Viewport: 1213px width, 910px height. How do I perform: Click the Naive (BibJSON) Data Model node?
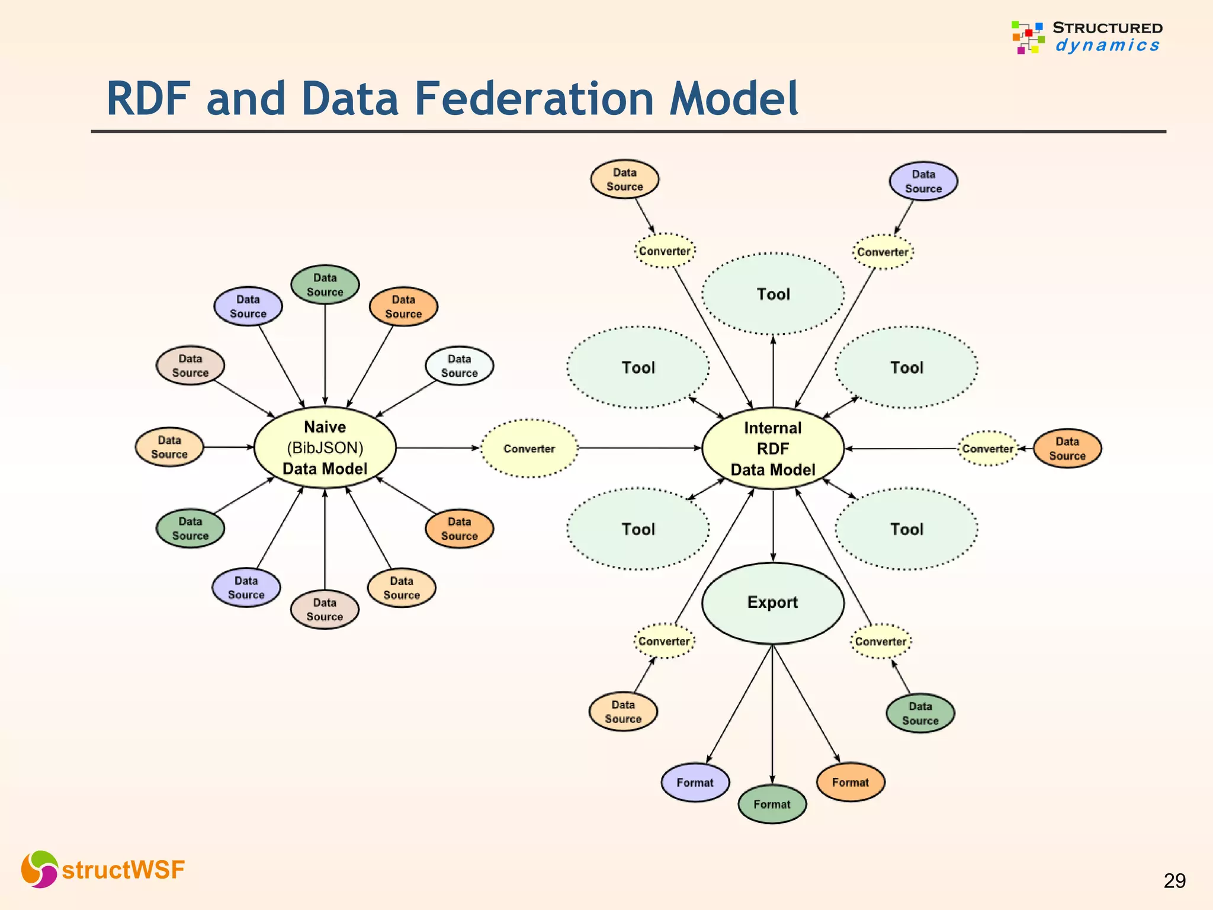click(325, 448)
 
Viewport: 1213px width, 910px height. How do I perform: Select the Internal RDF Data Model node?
click(772, 448)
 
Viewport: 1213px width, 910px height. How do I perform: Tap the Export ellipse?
click(772, 603)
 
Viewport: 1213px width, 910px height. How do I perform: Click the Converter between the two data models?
click(529, 448)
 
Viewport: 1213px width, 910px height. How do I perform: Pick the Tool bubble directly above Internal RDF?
click(773, 294)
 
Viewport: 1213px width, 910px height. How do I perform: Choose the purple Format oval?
click(695, 783)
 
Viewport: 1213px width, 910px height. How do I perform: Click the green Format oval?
click(772, 804)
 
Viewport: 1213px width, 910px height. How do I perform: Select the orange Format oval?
click(850, 782)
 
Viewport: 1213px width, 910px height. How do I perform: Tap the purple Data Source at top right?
click(923, 181)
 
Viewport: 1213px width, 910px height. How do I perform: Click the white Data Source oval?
click(459, 366)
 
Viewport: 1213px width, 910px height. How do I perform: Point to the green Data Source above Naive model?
click(325, 284)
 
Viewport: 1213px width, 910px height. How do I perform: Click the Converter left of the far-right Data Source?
click(987, 448)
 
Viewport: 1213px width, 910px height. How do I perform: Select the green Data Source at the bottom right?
click(920, 713)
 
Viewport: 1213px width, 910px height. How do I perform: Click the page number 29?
click(1174, 881)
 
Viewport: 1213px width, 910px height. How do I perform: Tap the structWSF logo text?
click(123, 870)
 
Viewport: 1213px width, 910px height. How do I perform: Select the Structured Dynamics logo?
click(1087, 37)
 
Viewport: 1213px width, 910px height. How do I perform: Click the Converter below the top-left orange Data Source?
click(664, 251)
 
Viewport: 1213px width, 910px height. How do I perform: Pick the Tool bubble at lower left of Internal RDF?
click(638, 529)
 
